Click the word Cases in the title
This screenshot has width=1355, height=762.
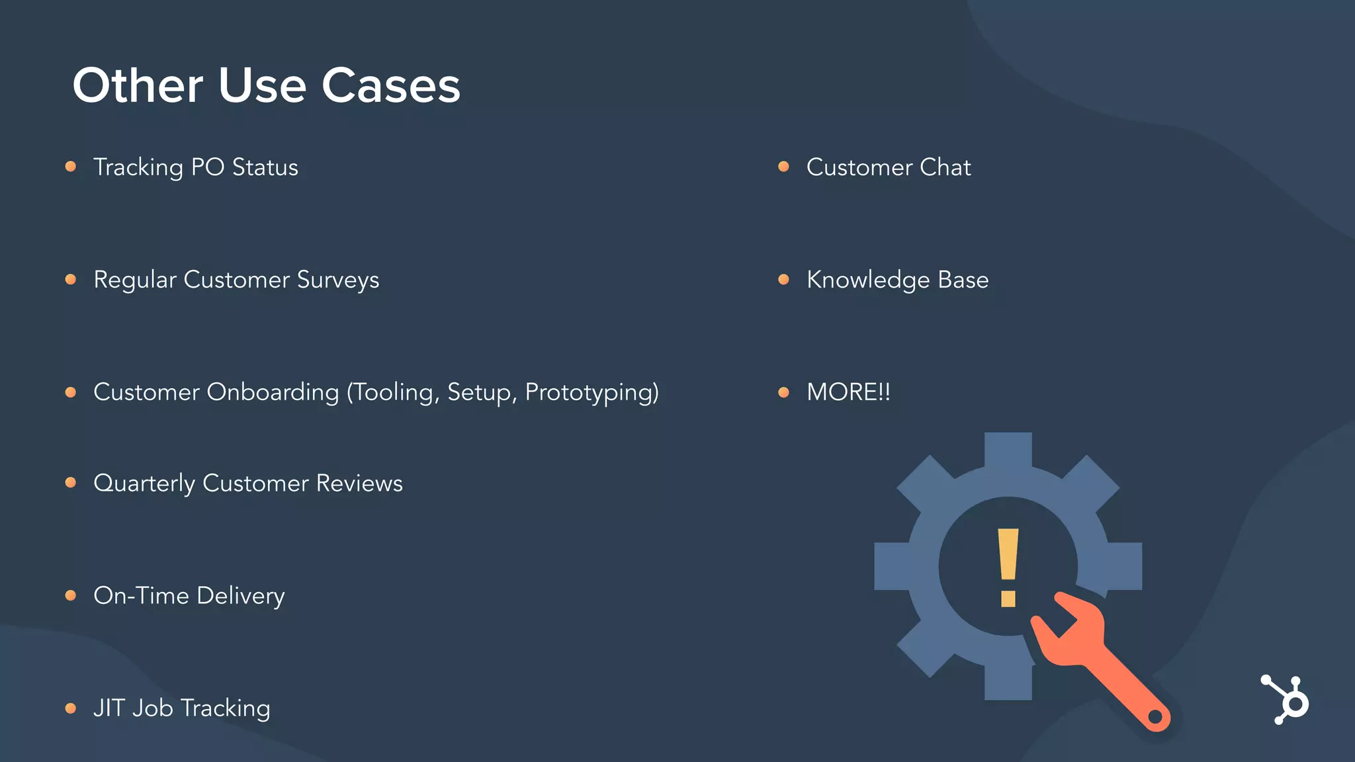pos(390,86)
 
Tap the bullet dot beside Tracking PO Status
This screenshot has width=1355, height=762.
pos(71,167)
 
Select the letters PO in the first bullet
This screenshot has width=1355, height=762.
pos(208,167)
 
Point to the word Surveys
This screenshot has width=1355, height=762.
pos(338,280)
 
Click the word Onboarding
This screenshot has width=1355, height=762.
pos(273,392)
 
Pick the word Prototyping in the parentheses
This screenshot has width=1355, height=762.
pos(591,393)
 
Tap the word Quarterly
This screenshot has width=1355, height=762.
pos(144,484)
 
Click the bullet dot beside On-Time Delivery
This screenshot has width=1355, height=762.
pos(71,595)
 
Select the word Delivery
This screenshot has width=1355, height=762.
pos(241,597)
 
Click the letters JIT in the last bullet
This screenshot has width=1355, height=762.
pos(109,708)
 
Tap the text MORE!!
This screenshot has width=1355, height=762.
pos(848,392)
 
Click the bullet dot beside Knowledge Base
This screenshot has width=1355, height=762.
pos(784,279)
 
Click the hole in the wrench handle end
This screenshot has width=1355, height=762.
pos(1155,716)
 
